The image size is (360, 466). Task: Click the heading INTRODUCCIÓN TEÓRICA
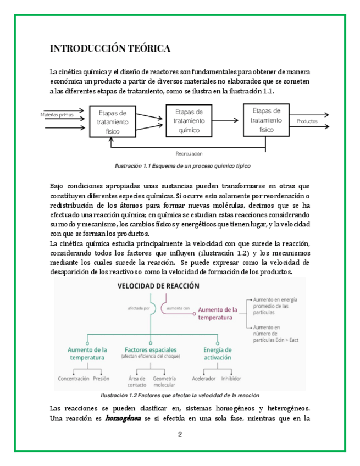pyautogui.click(x=110, y=48)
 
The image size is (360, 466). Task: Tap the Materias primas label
pyautogui.click(x=58, y=115)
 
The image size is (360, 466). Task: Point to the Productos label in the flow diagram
pyautogui.click(x=307, y=121)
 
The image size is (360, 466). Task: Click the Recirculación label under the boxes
pyautogui.click(x=189, y=153)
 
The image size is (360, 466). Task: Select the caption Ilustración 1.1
pyautogui.click(x=180, y=166)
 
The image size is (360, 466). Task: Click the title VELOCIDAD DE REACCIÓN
pyautogui.click(x=159, y=286)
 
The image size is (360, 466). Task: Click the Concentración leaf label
pyautogui.click(x=73, y=379)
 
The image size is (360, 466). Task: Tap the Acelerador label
pyautogui.click(x=203, y=379)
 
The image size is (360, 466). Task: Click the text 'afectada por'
pyautogui.click(x=139, y=309)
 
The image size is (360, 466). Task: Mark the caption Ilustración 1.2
pyautogui.click(x=180, y=396)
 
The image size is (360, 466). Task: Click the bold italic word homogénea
pyautogui.click(x=123, y=418)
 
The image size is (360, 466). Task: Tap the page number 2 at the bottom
pyautogui.click(x=180, y=434)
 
